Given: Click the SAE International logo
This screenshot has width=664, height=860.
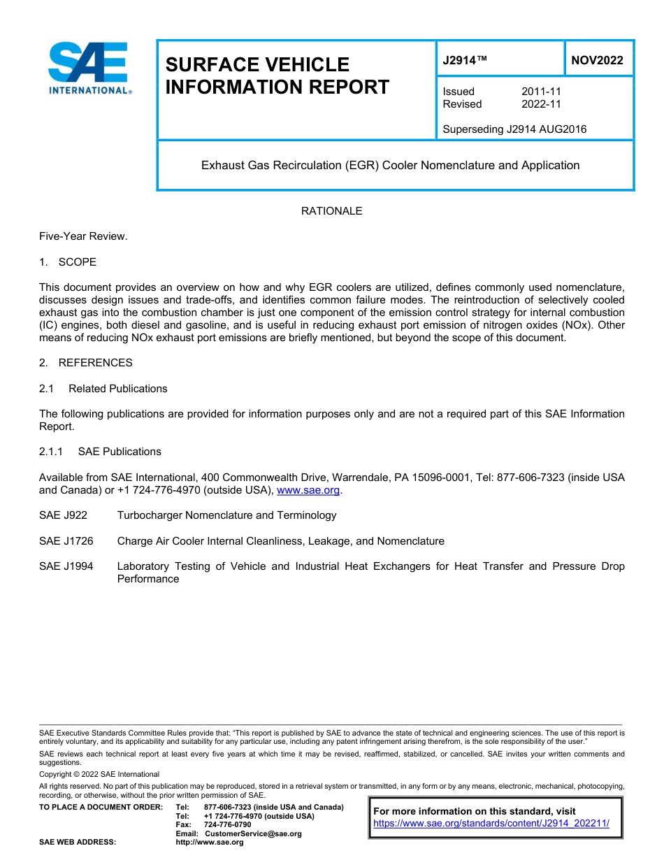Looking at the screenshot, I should tap(88, 68).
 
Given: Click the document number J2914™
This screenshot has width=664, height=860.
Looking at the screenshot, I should tap(465, 60).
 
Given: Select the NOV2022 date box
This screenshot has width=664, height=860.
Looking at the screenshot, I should tap(597, 60).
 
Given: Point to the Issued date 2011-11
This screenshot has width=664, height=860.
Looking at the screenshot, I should tap(541, 92).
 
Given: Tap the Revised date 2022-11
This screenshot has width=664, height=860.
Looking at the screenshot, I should tap(541, 104).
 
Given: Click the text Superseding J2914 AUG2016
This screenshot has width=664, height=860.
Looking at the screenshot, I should tap(514, 129).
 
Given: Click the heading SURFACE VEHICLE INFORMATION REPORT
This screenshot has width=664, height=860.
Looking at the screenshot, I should tap(277, 76).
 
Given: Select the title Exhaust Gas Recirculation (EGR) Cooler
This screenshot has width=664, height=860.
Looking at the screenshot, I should tap(390, 166).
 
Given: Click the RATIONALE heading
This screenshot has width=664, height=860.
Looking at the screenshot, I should tap(331, 211).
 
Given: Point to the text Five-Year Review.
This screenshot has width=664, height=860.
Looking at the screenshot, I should tap(83, 236).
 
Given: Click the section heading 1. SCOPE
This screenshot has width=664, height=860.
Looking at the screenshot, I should tap(68, 262).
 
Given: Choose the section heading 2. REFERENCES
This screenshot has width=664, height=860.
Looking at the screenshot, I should tap(85, 363).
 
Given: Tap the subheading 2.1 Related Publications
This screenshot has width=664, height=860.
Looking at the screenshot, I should tap(103, 389).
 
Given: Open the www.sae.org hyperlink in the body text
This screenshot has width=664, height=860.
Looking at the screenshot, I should tap(308, 491).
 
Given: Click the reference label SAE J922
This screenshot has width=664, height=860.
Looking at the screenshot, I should tap(64, 515).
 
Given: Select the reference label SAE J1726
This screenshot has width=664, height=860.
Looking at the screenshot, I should tap(66, 541).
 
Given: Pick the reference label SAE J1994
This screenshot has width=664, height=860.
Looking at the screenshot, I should tap(66, 566).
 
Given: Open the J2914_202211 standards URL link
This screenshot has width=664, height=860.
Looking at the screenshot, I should tap(491, 824).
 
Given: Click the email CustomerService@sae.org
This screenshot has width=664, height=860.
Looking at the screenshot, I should tap(253, 833).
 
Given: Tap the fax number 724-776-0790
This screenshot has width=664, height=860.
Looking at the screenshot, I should tap(228, 825).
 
